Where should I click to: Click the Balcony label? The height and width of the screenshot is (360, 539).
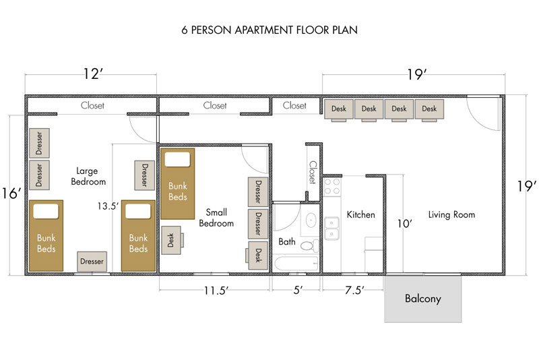423,298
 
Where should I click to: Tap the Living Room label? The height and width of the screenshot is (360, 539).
451,215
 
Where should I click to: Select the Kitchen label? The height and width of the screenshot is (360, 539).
360,215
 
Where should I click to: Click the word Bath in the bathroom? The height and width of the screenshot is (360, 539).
286,241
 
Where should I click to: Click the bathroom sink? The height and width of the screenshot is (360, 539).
311,220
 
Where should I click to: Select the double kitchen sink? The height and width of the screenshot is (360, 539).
331,229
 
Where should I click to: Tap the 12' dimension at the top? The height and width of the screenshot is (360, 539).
92,74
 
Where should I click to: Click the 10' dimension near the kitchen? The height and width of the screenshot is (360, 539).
406,224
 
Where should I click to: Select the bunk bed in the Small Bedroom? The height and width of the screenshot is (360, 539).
177,183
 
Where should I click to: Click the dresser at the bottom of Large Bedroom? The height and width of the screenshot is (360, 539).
92,261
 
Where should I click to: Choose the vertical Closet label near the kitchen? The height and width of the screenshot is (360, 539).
313,172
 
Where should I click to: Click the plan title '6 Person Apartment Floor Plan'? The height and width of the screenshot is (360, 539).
269,30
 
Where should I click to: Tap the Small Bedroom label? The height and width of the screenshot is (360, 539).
216,218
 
